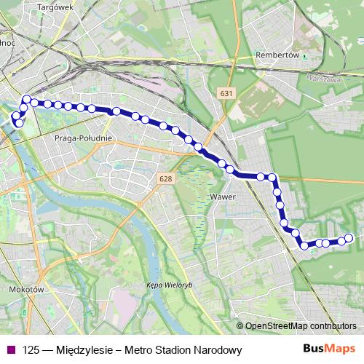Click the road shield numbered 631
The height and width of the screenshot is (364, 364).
click(227, 93)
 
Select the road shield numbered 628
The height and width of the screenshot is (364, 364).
click(165, 178)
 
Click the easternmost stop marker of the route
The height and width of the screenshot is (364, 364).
click(348, 237)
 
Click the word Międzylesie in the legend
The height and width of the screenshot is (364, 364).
click(87, 350)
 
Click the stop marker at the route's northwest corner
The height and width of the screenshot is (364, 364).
click(27, 99)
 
